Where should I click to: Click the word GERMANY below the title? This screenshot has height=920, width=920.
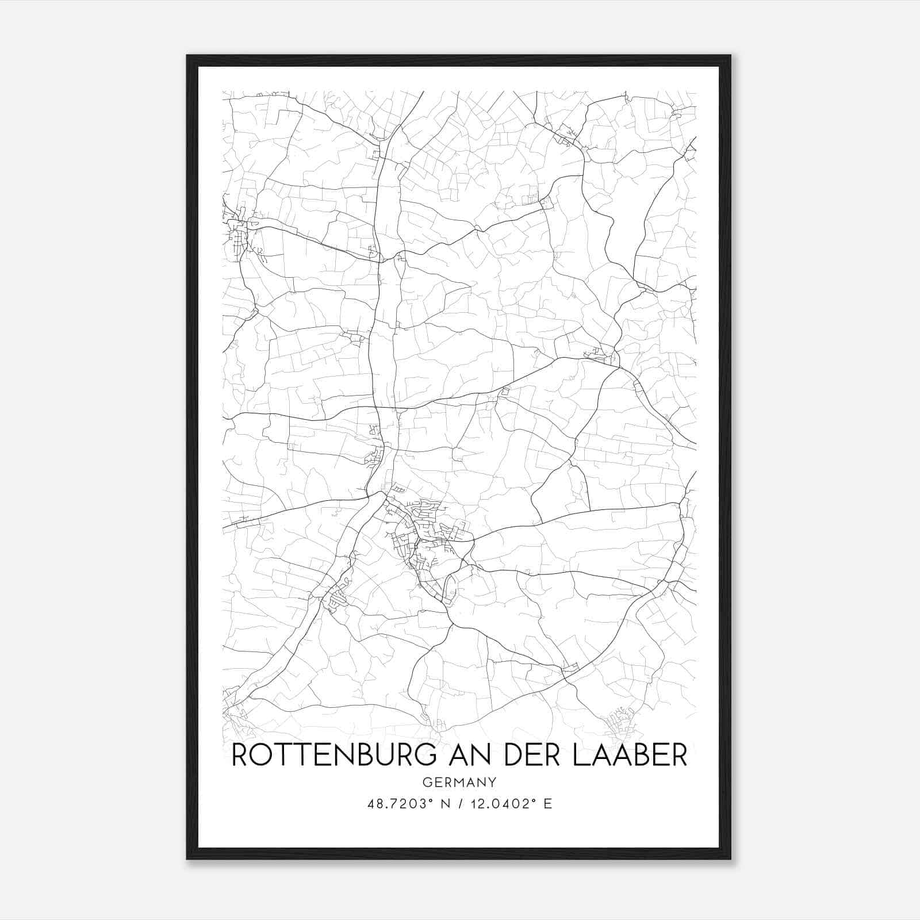click(x=459, y=782)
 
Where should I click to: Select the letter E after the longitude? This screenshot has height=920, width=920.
click(x=547, y=804)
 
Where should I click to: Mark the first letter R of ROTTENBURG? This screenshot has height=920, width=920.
click(x=240, y=756)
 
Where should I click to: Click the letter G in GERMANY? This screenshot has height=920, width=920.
click(x=426, y=782)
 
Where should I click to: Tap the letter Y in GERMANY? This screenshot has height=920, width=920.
click(x=493, y=782)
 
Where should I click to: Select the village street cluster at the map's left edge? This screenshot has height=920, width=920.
click(x=237, y=233)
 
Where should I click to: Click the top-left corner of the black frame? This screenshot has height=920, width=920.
click(x=187, y=56)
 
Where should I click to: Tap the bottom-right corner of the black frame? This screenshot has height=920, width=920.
click(x=730, y=858)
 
